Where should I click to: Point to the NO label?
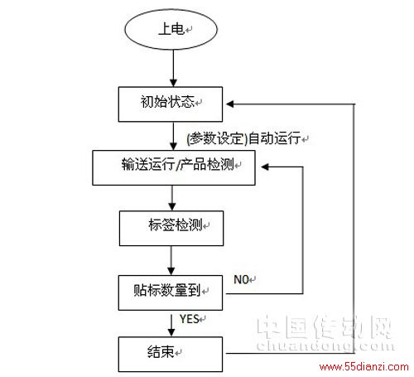(x=242, y=279)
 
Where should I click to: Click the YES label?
(x=190, y=319)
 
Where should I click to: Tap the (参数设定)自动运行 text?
(x=243, y=138)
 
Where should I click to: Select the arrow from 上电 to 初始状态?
(x=173, y=68)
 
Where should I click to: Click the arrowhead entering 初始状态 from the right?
(x=230, y=104)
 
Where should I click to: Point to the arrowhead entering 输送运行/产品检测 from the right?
(x=265, y=167)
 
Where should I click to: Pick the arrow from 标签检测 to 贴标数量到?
(x=171, y=260)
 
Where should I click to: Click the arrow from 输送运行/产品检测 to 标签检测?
(x=172, y=198)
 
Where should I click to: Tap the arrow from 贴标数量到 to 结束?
(x=171, y=325)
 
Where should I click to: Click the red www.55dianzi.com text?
(x=363, y=367)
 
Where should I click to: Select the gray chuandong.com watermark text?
(x=325, y=346)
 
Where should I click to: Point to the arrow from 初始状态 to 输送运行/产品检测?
(x=173, y=136)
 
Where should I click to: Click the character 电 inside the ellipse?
(x=177, y=29)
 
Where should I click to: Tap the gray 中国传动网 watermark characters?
(x=325, y=326)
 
